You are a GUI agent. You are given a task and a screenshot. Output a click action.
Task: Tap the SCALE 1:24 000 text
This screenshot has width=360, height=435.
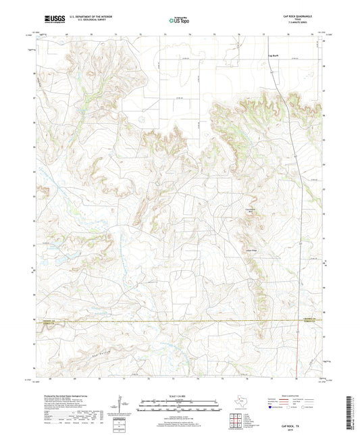point(180,394)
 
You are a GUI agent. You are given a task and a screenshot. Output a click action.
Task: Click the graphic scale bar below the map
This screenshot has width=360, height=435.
point(180,403)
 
